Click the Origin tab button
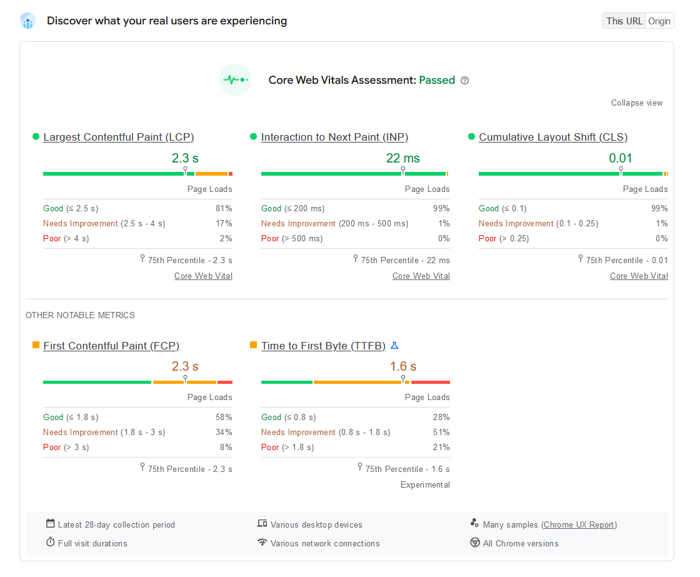[659, 21]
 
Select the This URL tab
[624, 21]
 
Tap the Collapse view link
[637, 103]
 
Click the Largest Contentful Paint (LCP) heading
[118, 138]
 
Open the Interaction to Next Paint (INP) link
[334, 138]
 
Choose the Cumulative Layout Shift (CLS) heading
[553, 138]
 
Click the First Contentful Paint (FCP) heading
[111, 346]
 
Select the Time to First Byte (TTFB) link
[323, 346]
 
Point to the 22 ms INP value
[403, 158]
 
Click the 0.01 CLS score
[621, 158]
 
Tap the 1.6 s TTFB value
[403, 366]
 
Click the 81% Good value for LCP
[224, 209]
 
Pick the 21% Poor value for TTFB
[442, 448]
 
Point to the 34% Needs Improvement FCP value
[224, 433]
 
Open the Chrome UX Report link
[579, 525]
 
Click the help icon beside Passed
[464, 81]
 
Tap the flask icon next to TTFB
[394, 345]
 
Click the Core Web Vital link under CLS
[639, 276]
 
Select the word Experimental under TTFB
[425, 485]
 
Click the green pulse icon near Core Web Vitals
[236, 80]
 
